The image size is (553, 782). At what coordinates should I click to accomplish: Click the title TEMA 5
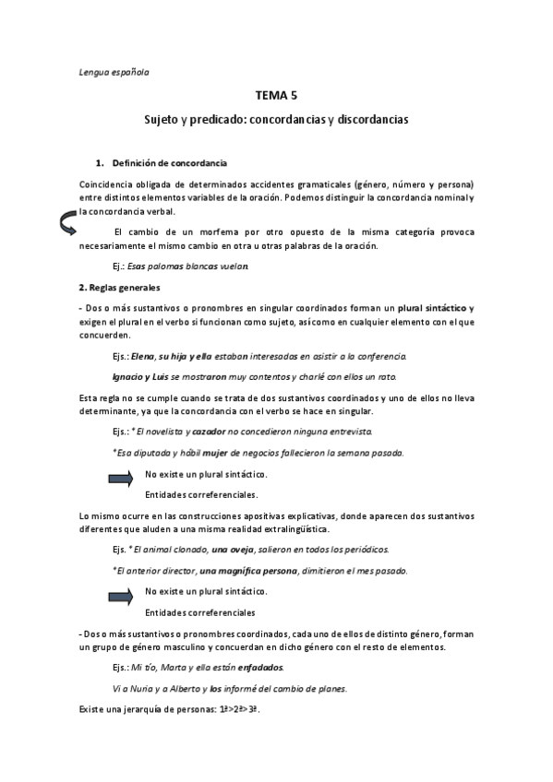pos(276,96)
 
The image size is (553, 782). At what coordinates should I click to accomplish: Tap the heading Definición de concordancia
pos(176,162)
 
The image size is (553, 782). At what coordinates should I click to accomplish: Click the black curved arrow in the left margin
pos(66,222)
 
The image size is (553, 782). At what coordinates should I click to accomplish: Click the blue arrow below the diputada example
pos(121,477)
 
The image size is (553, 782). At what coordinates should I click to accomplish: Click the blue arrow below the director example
pos(121,594)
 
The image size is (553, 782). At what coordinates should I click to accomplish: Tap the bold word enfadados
pos(262,667)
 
